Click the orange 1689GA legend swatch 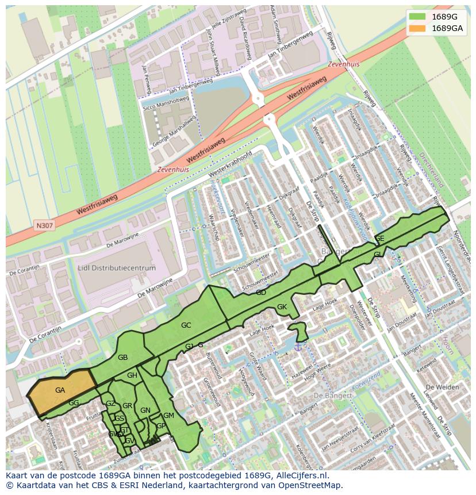click(x=418, y=28)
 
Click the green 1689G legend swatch click(x=418, y=17)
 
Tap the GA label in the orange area click(x=60, y=390)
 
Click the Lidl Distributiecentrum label click(x=117, y=268)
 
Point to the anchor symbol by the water click(x=298, y=346)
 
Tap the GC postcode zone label click(x=186, y=325)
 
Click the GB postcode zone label click(x=122, y=358)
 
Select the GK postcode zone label click(x=282, y=307)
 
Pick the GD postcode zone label click(x=261, y=293)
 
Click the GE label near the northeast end click(x=379, y=239)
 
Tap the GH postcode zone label click(x=132, y=375)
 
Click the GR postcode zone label click(x=127, y=406)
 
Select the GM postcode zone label click(x=168, y=416)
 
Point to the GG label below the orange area click(x=74, y=403)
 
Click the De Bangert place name click(x=333, y=396)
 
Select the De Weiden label click(x=444, y=387)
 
